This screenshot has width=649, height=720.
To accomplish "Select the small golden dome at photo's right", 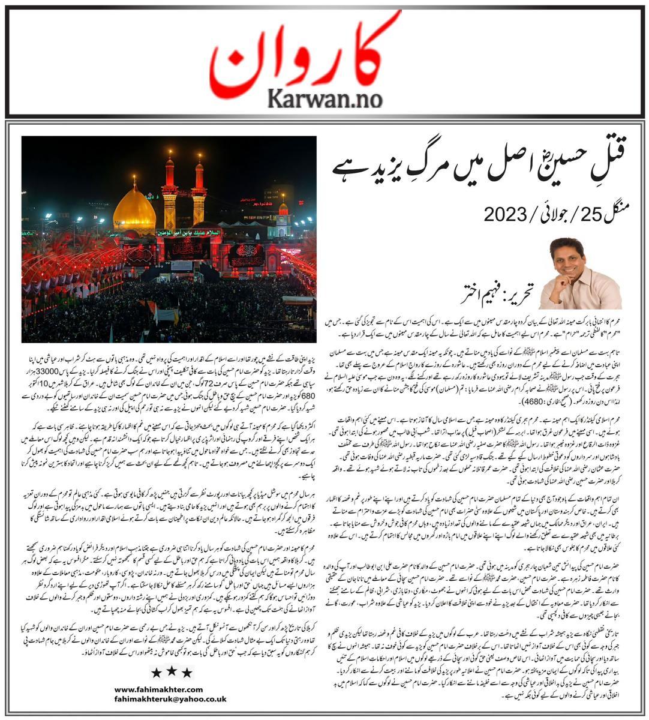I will pyautogui.click(x=283, y=209).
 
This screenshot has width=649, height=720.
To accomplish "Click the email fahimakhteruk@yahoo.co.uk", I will pyautogui.click(x=170, y=698).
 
